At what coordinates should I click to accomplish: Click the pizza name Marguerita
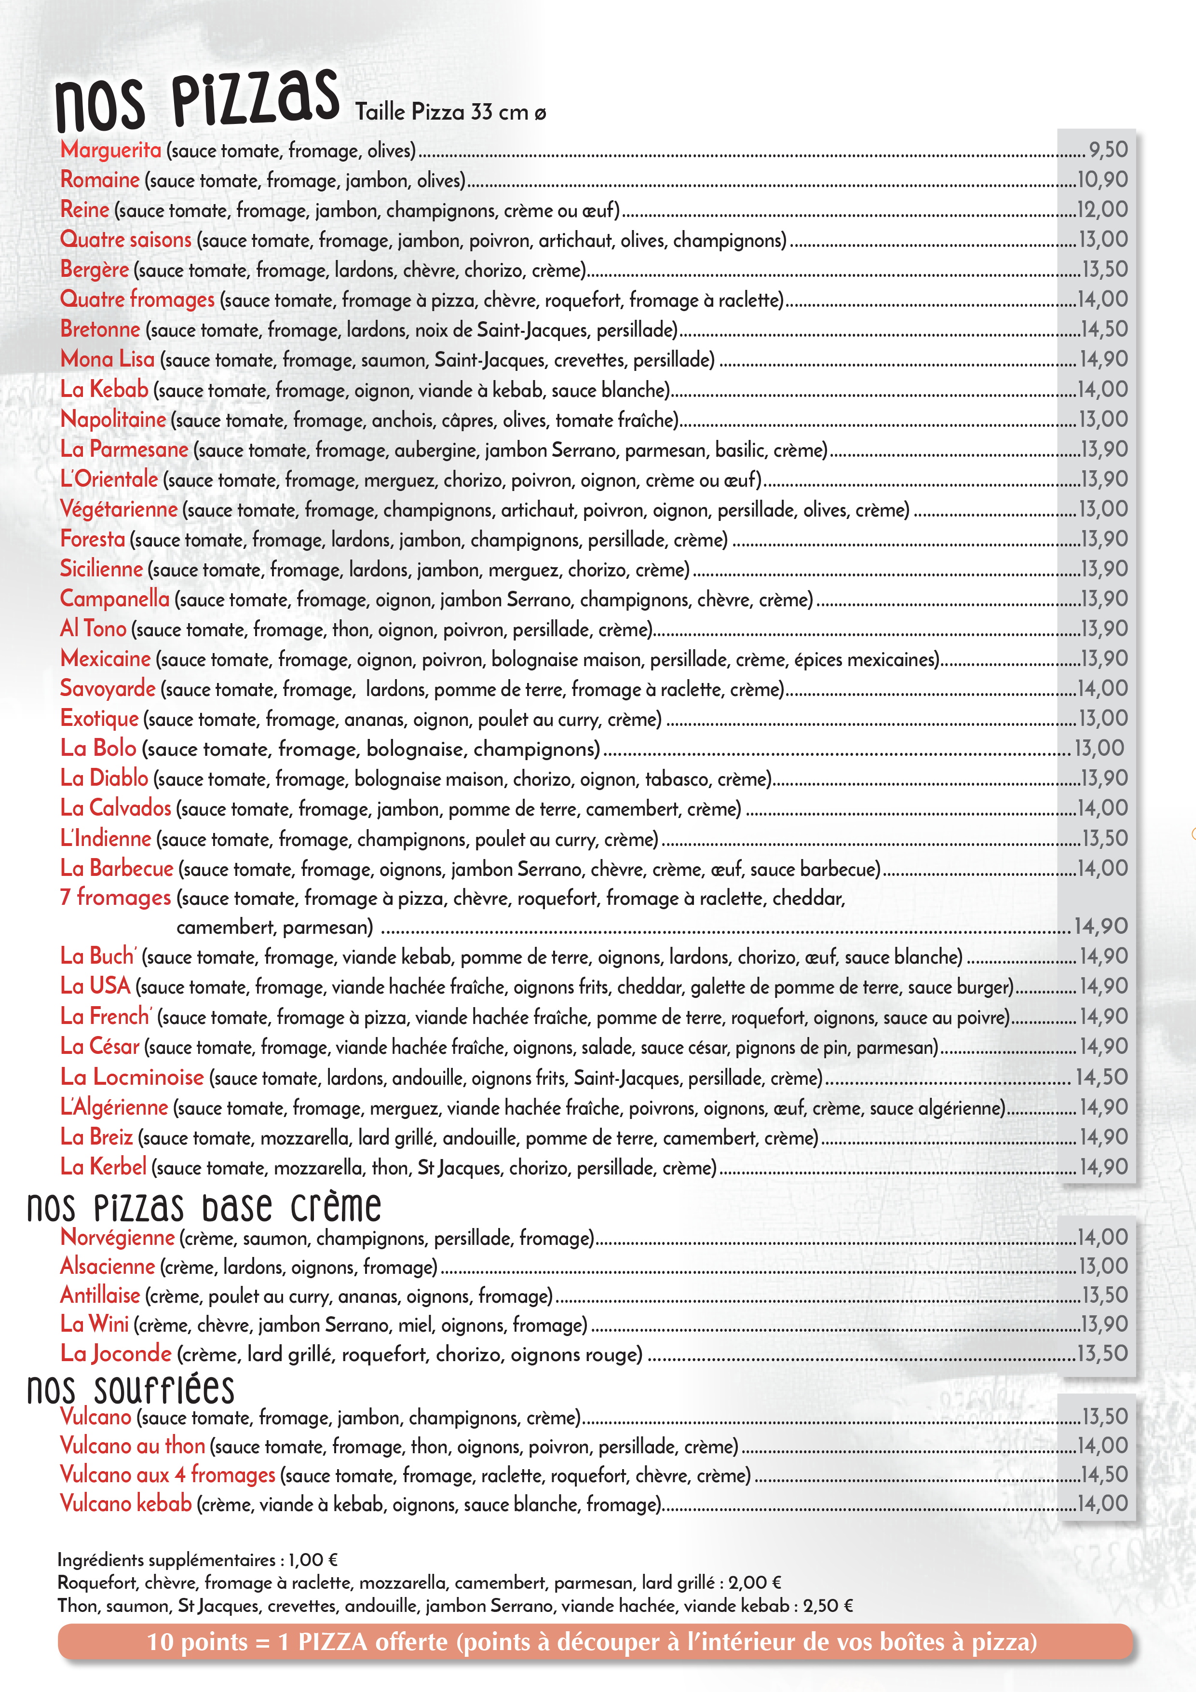point(110,150)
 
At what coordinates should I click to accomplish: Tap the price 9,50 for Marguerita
point(1108,150)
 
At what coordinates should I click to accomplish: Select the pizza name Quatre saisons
point(125,240)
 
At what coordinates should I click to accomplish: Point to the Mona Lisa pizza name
point(108,359)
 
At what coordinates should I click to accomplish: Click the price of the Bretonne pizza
point(1103,328)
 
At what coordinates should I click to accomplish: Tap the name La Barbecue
point(116,868)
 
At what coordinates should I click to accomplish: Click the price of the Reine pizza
point(1102,209)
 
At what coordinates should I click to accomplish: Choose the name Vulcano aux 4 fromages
point(167,1474)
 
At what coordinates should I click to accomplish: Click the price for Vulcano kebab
point(1102,1503)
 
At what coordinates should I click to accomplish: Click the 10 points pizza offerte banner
point(594,1642)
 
